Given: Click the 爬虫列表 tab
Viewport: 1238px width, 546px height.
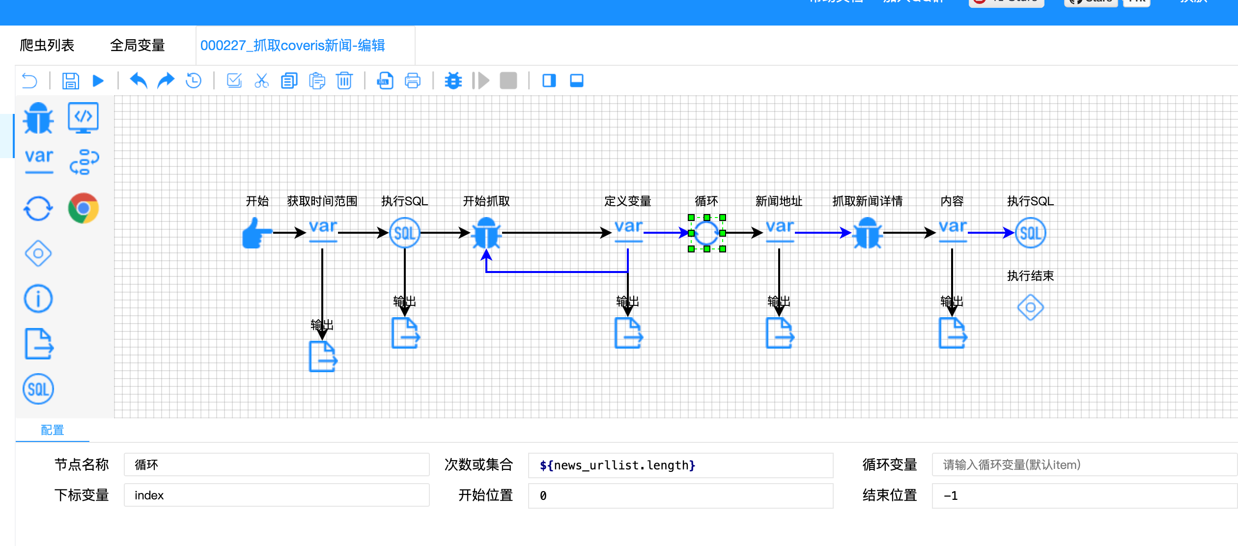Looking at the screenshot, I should click(x=47, y=46).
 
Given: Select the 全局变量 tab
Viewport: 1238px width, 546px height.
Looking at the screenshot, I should click(x=137, y=46).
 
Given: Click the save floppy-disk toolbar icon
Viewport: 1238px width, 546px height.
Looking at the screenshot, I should click(x=71, y=81).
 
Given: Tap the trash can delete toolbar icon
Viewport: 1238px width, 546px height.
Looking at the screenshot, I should click(x=344, y=81).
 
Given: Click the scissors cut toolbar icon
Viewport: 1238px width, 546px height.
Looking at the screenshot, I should click(x=261, y=81).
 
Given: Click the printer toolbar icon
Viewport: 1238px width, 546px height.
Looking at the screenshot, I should click(x=412, y=81).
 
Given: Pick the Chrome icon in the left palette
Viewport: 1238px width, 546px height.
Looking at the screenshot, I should click(x=83, y=208).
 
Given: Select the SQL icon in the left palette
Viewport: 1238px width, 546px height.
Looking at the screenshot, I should click(x=38, y=389).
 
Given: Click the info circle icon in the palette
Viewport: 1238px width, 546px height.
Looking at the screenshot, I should click(x=38, y=299).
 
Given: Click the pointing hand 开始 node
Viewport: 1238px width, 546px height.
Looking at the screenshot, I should click(x=256, y=233).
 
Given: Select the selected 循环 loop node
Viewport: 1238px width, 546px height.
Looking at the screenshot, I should click(x=706, y=233).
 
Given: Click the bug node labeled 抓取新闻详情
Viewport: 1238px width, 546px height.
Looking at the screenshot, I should click(x=867, y=233).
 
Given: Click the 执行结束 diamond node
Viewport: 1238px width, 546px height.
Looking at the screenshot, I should click(x=1030, y=307).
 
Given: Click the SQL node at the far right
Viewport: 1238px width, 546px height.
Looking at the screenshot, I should click(x=1030, y=233).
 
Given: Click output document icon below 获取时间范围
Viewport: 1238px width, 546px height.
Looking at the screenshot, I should click(x=323, y=356).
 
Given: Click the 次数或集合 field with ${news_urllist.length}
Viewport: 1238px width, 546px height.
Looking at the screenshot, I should click(x=680, y=465).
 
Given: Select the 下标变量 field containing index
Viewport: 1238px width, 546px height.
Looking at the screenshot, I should click(x=276, y=495).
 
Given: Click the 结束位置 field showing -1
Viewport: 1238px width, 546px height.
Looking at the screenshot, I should click(x=1083, y=495).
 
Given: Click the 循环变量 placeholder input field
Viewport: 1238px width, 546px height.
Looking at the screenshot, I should click(x=1083, y=465).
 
